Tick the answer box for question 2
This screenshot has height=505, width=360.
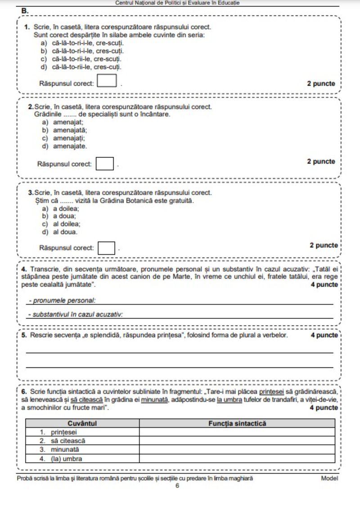pyautogui.click(x=105, y=163)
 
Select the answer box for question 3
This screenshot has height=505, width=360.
pyautogui.click(x=107, y=248)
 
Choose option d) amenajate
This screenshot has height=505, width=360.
pyautogui.click(x=65, y=146)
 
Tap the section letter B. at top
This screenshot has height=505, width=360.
pyautogui.click(x=25, y=10)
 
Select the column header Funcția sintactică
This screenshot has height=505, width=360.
pyautogui.click(x=237, y=423)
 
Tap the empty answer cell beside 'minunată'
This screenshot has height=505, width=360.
pyautogui.click(x=237, y=450)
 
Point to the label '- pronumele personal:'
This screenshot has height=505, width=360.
pyautogui.click(x=63, y=300)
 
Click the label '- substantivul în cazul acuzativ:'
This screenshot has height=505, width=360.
pyautogui.click(x=75, y=314)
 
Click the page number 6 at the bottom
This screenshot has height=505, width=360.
pyautogui.click(x=177, y=486)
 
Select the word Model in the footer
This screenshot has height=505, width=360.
pyautogui.click(x=329, y=478)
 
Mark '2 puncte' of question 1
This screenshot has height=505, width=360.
pyautogui.click(x=321, y=84)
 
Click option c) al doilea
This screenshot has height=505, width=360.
pyautogui.click(x=61, y=224)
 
